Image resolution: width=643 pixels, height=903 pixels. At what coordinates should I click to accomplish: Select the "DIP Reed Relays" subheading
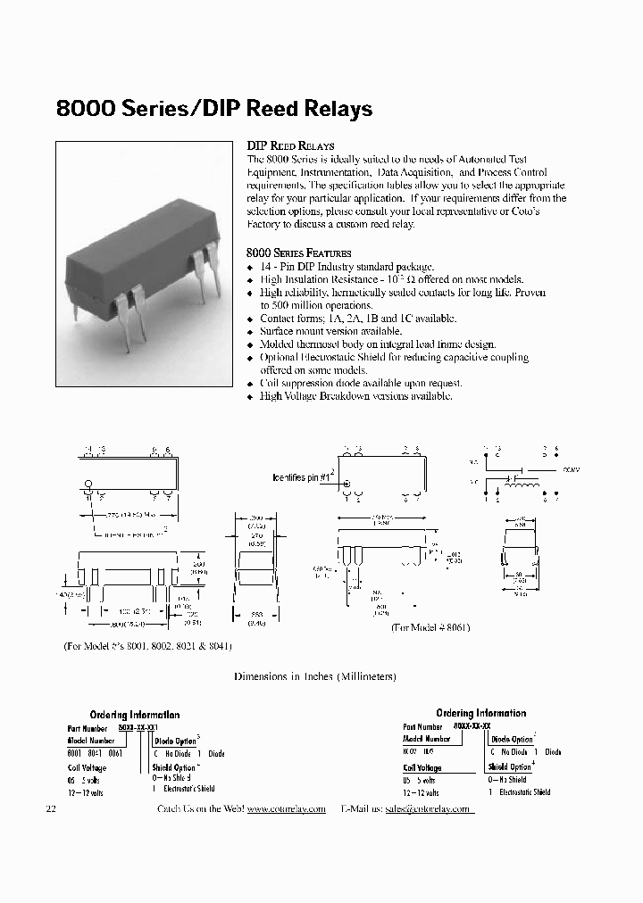[290, 145]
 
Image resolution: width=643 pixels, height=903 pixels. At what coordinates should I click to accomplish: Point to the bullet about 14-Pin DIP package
[347, 267]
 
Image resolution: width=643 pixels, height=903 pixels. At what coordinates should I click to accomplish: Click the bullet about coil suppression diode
[361, 383]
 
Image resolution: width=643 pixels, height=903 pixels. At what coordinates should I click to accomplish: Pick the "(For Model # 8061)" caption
[430, 627]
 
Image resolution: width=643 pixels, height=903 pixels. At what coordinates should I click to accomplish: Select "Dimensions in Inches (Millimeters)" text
[314, 676]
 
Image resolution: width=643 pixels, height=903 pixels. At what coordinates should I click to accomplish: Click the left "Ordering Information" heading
[134, 715]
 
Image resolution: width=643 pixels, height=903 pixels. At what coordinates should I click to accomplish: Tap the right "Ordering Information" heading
[480, 713]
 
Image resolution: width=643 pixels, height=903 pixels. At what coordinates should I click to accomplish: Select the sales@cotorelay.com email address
[427, 808]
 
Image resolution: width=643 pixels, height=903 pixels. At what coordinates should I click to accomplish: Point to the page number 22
[50, 808]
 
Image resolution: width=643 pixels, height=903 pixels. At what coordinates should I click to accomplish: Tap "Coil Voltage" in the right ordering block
[423, 766]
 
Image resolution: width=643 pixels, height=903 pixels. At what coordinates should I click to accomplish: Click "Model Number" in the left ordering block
[90, 741]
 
